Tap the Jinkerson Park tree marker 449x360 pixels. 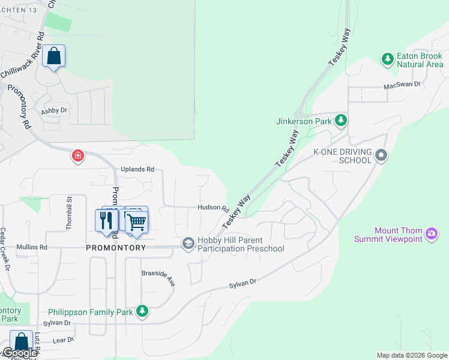(x=341, y=121)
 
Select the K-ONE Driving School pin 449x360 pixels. (x=381, y=156)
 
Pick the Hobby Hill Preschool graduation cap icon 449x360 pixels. (x=188, y=242)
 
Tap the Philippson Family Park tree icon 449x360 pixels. (x=142, y=311)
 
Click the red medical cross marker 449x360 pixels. (x=77, y=157)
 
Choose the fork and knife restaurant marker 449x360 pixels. (x=106, y=220)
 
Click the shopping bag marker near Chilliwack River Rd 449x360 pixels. (x=54, y=56)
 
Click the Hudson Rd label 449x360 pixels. (x=213, y=208)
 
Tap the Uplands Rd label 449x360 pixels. (x=137, y=169)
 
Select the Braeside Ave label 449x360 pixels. (x=158, y=277)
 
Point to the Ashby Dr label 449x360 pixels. (x=54, y=111)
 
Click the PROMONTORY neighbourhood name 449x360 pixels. (x=116, y=247)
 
